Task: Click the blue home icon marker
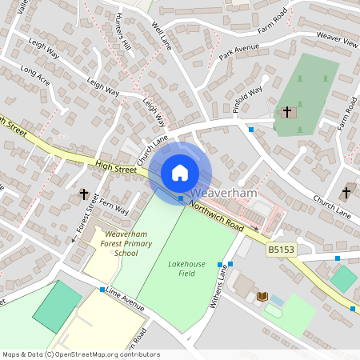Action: (180, 173)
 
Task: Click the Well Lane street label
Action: (162, 33)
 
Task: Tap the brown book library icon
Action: (262, 297)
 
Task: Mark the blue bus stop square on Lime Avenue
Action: (103, 290)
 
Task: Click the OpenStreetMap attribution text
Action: (80, 354)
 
